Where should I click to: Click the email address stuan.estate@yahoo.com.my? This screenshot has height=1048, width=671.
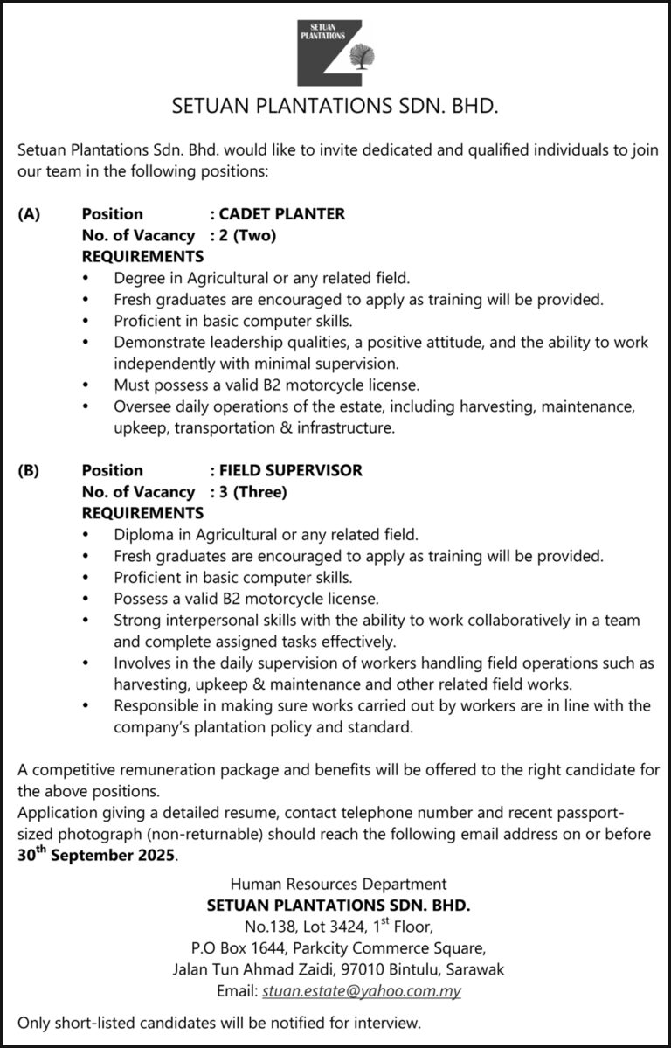point(361,991)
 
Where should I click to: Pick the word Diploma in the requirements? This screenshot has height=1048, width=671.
point(142,535)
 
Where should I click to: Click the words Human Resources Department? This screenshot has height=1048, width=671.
point(338,885)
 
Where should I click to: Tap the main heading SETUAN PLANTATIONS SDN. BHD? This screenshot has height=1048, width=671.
point(335,108)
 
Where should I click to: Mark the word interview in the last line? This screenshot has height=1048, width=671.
point(390,1021)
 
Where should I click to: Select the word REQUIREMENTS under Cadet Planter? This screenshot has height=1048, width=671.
point(142,257)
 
